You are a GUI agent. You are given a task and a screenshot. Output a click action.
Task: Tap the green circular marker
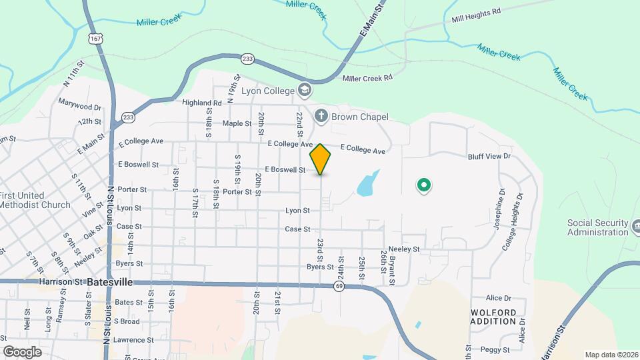[x=423, y=185]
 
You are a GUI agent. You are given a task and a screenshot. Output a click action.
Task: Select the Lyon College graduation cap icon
[x=305, y=89]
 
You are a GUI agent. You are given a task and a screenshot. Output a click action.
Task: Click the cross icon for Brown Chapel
[x=321, y=117]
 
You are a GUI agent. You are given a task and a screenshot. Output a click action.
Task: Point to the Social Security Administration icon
[x=635, y=227]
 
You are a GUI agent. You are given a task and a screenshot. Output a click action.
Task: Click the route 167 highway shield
[x=97, y=39]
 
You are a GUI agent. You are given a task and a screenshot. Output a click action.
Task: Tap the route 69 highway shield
[x=339, y=286]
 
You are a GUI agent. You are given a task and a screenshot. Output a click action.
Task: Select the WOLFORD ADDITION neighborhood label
[x=493, y=317]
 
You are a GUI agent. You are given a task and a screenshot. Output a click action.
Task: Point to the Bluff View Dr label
[x=489, y=156]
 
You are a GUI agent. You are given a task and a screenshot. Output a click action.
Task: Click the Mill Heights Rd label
[x=475, y=15]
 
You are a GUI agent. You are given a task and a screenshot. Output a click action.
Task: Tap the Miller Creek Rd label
[x=367, y=78]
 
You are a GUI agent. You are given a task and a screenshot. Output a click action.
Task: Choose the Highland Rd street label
[x=203, y=103]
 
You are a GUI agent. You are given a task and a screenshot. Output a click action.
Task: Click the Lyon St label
[x=297, y=210]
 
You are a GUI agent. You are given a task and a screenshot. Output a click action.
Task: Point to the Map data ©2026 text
[x=611, y=355]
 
